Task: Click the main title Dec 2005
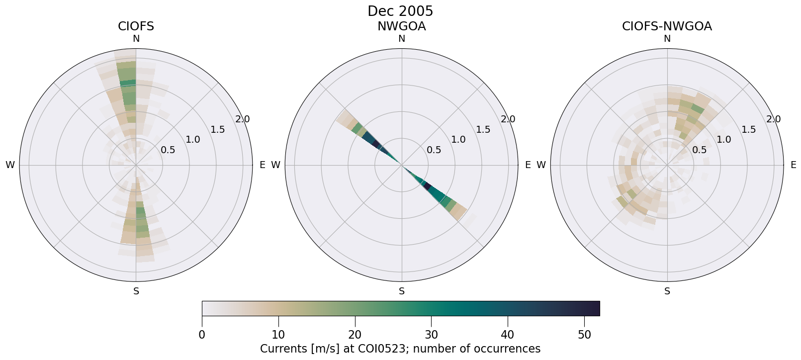pyautogui.click(x=400, y=11)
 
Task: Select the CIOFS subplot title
pyautogui.click(x=136, y=26)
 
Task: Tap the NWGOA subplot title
pyautogui.click(x=401, y=26)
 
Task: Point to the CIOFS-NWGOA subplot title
pyautogui.click(x=667, y=26)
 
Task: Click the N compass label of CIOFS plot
pyautogui.click(x=136, y=39)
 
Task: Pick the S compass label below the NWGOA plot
pyautogui.click(x=402, y=291)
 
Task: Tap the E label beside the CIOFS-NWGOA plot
pyautogui.click(x=794, y=165)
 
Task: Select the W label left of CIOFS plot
pyautogui.click(x=10, y=165)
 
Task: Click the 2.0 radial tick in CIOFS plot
pyautogui.click(x=243, y=119)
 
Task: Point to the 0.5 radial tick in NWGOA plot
pyautogui.click(x=434, y=150)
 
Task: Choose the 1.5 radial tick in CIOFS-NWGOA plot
pyautogui.click(x=748, y=130)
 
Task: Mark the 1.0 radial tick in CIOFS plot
pyautogui.click(x=193, y=140)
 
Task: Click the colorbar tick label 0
pyautogui.click(x=202, y=335)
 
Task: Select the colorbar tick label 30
pyautogui.click(x=431, y=335)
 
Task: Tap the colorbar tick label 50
pyautogui.click(x=584, y=335)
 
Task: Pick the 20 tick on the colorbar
pyautogui.click(x=355, y=335)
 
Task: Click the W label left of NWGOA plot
pyautogui.click(x=275, y=165)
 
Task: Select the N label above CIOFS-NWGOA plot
pyautogui.click(x=667, y=39)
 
